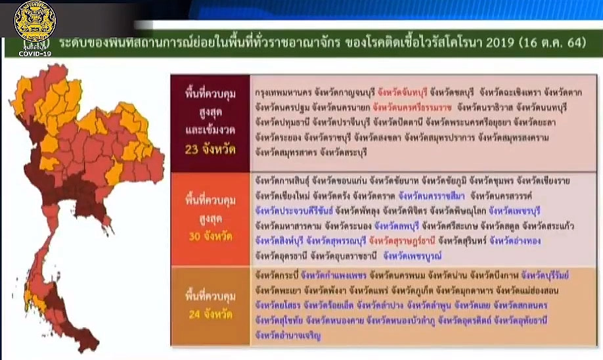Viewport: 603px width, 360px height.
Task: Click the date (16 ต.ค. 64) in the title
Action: pyautogui.click(x=551, y=43)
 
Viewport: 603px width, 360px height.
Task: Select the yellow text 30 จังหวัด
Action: pyautogui.click(x=210, y=236)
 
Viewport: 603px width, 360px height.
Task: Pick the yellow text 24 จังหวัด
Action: pyautogui.click(x=210, y=315)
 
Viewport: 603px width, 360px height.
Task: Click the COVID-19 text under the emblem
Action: pyautogui.click(x=35, y=53)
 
